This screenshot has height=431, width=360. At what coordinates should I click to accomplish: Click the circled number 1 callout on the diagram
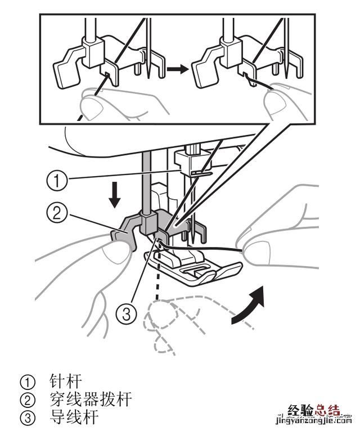coord(57,181)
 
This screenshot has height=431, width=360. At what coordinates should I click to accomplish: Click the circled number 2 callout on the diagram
coord(57,213)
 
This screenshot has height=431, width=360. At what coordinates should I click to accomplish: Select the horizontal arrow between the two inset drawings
coord(178,69)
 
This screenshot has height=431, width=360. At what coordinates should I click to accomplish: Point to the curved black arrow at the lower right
coord(249,305)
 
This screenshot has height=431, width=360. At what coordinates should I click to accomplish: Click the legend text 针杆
coord(66,381)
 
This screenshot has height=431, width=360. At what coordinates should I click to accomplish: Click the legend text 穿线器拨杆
coord(91,399)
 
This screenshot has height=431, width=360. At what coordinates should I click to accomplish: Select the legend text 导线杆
coord(74,417)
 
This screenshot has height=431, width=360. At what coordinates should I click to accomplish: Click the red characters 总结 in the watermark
coord(327,411)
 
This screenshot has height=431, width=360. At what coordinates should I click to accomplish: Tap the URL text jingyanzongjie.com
coord(313,421)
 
